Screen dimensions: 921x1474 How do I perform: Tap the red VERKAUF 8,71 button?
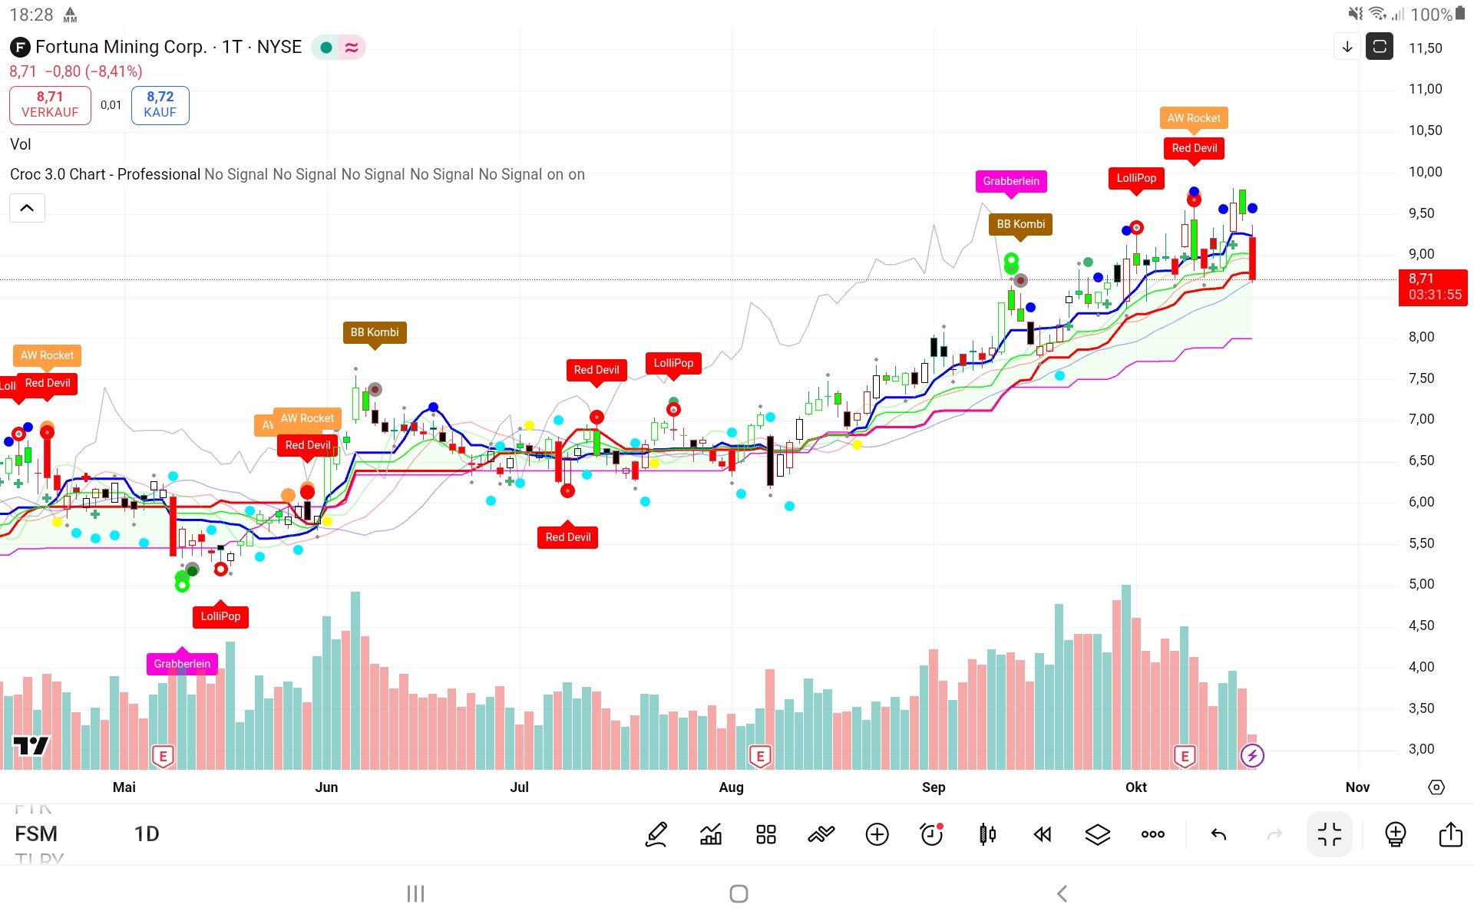coord(50,104)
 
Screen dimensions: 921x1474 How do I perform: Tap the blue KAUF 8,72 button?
coord(160,104)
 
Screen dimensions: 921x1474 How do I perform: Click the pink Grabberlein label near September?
coord(1010,181)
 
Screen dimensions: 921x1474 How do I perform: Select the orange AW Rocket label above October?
coord(1193,118)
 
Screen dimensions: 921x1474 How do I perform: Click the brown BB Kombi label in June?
coord(375,332)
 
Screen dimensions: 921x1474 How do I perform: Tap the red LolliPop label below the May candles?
coord(220,616)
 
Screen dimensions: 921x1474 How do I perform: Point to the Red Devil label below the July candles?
coord(567,537)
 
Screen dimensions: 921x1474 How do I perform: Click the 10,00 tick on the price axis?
coord(1425,172)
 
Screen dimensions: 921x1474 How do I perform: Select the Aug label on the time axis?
coord(731,787)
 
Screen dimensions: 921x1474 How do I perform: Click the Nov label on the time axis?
coord(1357,787)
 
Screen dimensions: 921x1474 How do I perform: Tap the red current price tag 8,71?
coord(1433,287)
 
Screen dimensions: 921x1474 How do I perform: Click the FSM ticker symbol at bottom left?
coord(36,834)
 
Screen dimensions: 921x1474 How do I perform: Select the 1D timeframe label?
coord(147,834)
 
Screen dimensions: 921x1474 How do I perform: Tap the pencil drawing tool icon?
coord(656,834)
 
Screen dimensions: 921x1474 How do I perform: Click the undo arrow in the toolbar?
coord(1218,834)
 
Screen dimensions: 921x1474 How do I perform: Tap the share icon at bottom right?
coord(1450,834)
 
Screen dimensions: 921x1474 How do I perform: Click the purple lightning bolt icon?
coord(1252,756)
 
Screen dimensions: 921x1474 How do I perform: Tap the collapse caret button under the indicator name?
coord(27,208)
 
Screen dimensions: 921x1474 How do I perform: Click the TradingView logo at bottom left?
coord(31,745)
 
